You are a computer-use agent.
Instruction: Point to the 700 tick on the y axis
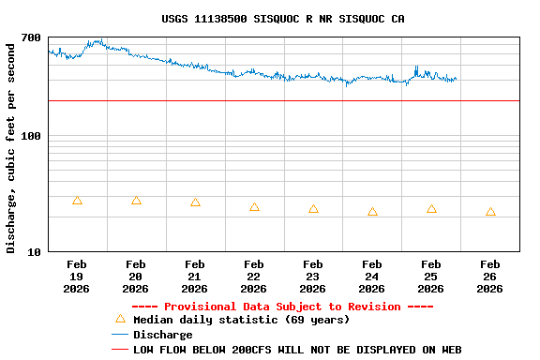(x=31, y=38)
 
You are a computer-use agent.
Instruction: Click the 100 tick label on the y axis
(x=31, y=137)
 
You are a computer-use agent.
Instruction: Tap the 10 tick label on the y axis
(x=34, y=252)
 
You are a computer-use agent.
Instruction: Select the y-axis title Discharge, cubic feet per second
(x=11, y=146)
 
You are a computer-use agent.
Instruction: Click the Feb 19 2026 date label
(x=77, y=277)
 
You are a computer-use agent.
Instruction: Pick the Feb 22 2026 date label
(x=254, y=277)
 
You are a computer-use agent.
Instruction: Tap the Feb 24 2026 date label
(x=372, y=277)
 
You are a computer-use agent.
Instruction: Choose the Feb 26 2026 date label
(x=490, y=277)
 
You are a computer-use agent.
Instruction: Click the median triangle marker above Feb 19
(x=77, y=201)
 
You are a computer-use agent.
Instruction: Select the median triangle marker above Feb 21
(x=195, y=202)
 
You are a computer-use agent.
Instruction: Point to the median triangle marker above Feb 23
(x=313, y=209)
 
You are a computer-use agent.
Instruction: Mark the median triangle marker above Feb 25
(x=431, y=209)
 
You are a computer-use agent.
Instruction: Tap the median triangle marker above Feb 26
(x=490, y=212)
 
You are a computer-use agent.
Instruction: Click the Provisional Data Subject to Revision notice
(x=282, y=307)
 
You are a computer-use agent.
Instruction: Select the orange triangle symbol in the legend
(x=120, y=319)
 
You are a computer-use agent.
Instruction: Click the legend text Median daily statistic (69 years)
(x=241, y=320)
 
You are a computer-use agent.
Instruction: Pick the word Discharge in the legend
(x=162, y=335)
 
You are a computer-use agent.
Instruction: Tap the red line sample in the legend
(x=119, y=350)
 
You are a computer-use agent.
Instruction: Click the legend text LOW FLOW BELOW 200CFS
(x=297, y=350)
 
